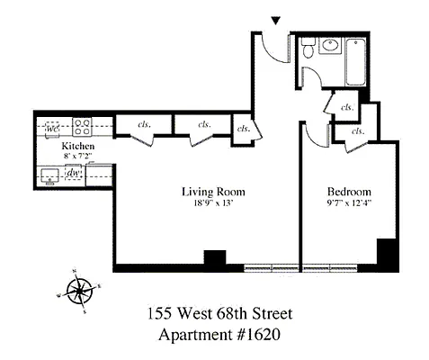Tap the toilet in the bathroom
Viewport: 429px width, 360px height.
308,50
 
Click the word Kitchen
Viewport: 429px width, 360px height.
78,145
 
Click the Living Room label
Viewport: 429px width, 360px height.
213,192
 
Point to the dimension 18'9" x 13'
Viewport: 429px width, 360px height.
213,203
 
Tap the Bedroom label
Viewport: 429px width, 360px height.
348,193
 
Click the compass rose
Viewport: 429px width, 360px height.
81,290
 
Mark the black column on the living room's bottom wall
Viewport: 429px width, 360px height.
214,257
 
